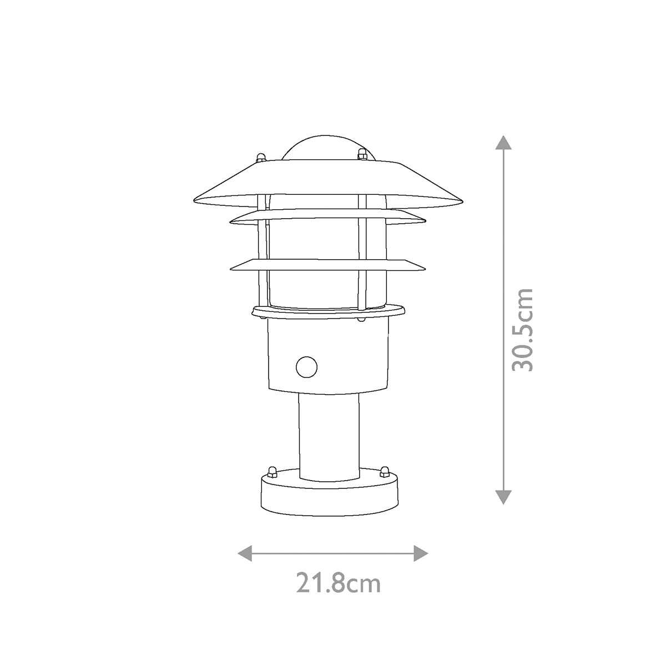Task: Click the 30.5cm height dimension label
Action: [522, 330]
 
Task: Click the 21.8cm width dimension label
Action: [338, 584]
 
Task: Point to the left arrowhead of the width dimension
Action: [244, 553]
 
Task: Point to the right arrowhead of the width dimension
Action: [422, 553]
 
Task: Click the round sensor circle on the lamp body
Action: [306, 366]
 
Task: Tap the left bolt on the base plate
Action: [273, 472]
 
